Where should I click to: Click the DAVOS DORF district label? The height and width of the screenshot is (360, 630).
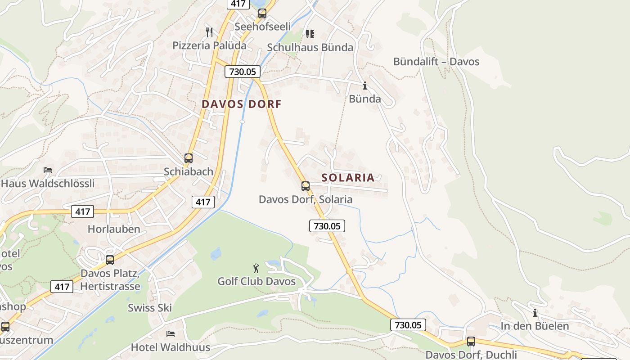pos(241,104)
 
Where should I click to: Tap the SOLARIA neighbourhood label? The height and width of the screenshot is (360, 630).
pos(348,177)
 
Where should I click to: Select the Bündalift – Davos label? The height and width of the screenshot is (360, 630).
pos(436,62)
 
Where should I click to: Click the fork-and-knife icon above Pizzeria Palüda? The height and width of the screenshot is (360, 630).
pos(209,32)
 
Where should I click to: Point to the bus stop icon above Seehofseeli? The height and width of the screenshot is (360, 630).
pos(262,13)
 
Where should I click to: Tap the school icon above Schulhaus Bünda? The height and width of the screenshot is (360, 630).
pos(310,34)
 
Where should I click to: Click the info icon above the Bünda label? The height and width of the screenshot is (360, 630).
pos(365,85)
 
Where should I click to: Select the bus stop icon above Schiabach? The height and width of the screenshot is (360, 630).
pos(189,158)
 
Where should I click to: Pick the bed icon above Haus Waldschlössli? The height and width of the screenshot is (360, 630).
pos(48,170)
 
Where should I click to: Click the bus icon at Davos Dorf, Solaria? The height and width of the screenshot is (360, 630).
pos(306,186)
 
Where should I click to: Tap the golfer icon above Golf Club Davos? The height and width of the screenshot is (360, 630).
pos(256,268)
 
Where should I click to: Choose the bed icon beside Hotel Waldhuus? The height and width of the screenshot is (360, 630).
pos(171,334)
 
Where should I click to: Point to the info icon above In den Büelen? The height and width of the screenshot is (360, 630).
pos(535,313)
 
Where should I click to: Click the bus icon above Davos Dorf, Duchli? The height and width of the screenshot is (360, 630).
pos(471,342)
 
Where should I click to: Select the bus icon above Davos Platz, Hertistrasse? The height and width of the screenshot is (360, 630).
pos(110,260)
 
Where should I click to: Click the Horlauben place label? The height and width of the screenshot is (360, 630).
pos(114,229)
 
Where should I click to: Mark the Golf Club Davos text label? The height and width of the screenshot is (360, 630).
pos(256,282)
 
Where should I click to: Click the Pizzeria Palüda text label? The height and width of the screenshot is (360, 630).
pos(210,45)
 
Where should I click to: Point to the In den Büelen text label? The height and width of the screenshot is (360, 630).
pos(535,326)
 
